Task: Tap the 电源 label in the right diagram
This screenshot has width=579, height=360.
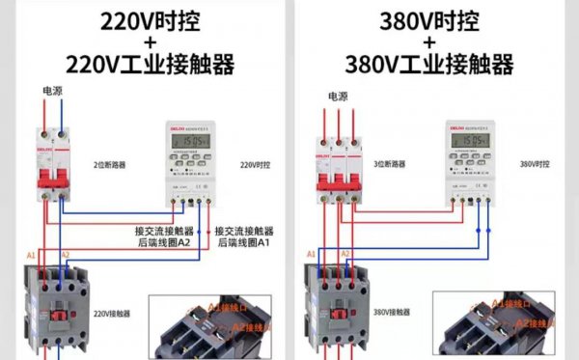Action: coord(337,96)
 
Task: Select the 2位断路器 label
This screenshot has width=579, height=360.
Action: coord(113,164)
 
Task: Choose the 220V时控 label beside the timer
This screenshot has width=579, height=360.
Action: coord(254,164)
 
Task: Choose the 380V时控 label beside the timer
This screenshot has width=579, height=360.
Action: coord(535,164)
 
